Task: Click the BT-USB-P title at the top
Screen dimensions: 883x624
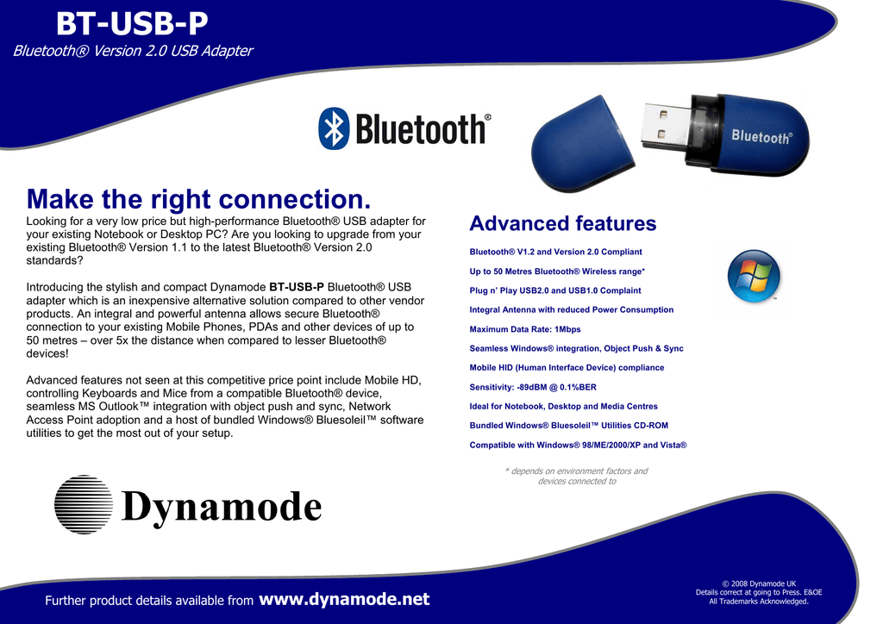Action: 132,23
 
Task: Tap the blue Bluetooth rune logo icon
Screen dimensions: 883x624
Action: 334,128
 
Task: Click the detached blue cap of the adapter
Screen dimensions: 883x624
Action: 582,143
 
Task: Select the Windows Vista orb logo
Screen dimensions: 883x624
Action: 754,277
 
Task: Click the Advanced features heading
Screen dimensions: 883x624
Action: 563,223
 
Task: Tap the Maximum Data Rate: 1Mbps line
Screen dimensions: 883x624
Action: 525,329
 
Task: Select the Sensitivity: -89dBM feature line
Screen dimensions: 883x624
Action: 533,387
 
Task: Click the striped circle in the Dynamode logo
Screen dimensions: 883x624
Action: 84,505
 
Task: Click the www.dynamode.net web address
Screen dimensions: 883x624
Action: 344,599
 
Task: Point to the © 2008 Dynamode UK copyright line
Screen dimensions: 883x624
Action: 759,583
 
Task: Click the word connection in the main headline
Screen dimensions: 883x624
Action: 295,199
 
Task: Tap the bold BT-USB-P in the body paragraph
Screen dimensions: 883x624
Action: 297,287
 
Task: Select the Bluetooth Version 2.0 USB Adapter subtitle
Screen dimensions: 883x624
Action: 133,51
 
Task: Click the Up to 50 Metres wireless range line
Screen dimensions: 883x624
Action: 557,271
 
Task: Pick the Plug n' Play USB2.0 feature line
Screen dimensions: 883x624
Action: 555,290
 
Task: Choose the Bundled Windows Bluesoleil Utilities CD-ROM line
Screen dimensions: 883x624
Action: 569,426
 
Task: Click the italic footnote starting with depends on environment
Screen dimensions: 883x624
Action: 577,476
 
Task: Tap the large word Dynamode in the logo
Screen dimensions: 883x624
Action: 222,507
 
